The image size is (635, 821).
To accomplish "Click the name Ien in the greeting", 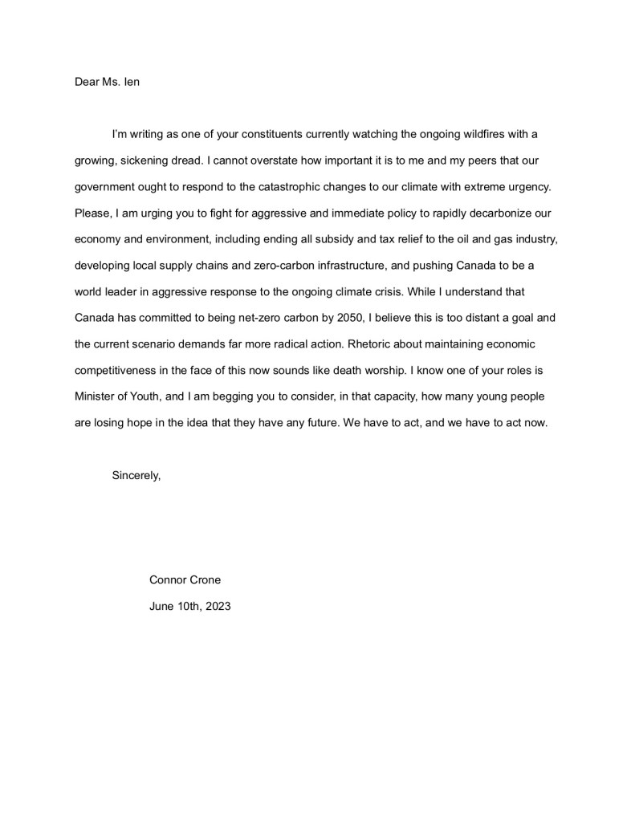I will [x=132, y=82].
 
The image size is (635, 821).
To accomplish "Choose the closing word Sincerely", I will [x=136, y=475].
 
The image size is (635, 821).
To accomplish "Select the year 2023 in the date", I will [x=217, y=606].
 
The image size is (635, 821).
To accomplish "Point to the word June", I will [x=162, y=606].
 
